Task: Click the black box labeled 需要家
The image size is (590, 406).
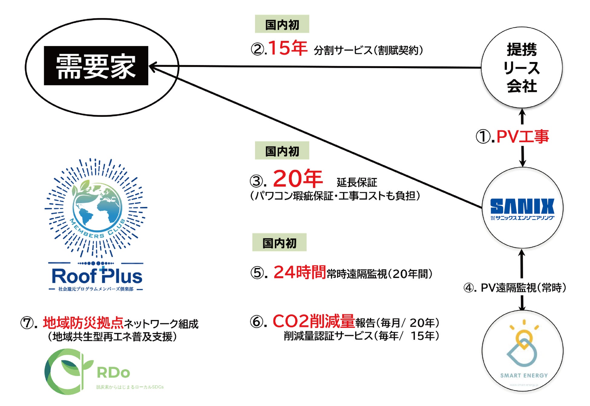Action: pyautogui.click(x=96, y=66)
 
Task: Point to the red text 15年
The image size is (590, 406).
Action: pyautogui.click(x=287, y=48)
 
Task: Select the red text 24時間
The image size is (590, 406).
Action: pyautogui.click(x=300, y=272)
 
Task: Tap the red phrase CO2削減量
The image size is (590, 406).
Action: pyautogui.click(x=313, y=321)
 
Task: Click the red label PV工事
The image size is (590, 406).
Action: pyautogui.click(x=523, y=136)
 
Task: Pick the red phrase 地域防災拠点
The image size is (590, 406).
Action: pyautogui.click(x=83, y=323)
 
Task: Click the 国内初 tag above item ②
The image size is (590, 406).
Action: pyautogui.click(x=282, y=24)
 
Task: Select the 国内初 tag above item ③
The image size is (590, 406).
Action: pyautogui.click(x=282, y=151)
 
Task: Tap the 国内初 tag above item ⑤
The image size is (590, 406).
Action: pyautogui.click(x=279, y=243)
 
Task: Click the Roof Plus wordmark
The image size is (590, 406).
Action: pyautogui.click(x=97, y=276)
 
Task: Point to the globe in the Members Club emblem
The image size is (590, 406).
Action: pyautogui.click(x=97, y=206)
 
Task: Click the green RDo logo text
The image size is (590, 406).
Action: pyautogui.click(x=113, y=373)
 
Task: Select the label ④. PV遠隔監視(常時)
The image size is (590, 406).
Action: pyautogui.click(x=515, y=287)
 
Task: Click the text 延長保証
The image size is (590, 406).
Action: pyautogui.click(x=357, y=182)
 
